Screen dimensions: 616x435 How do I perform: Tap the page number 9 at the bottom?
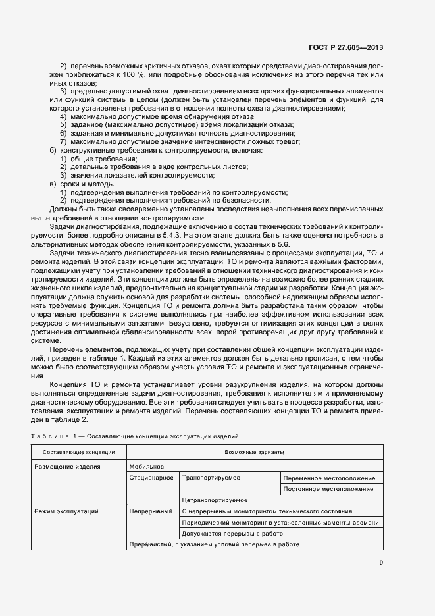(381, 562)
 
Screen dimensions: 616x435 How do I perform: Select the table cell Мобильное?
(146, 466)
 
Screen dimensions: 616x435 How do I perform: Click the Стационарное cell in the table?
(151, 478)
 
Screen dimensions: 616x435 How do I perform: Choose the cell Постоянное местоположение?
(330, 489)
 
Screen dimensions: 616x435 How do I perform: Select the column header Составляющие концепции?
(78, 452)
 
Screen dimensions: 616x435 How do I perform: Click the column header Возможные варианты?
(254, 452)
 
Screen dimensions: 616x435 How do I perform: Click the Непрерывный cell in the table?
(151, 511)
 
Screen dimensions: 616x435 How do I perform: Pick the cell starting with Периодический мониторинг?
(280, 522)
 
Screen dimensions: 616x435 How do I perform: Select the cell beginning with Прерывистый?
(215, 544)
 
